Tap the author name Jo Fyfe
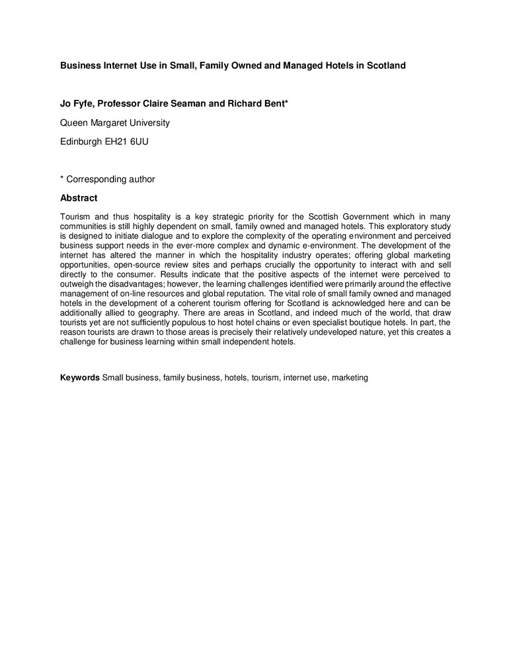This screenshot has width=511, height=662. pos(77,104)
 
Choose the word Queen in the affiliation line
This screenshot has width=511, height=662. pos(74,122)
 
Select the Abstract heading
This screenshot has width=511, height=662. pos(79,198)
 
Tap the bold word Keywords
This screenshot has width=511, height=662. pos(80,377)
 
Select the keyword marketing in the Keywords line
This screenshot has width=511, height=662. pos(350,377)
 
